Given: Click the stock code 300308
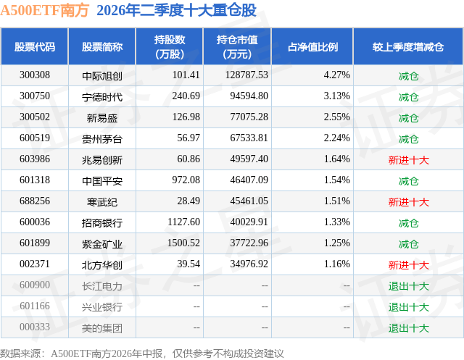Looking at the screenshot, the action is click(x=35, y=75).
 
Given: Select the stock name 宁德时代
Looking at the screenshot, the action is click(x=102, y=97).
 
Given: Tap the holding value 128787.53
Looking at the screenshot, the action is click(x=246, y=75).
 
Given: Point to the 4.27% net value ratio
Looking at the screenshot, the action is click(x=336, y=75).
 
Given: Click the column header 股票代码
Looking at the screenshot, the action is click(x=35, y=46).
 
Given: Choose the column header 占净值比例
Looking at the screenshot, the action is click(x=312, y=46).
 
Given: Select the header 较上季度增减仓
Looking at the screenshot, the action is click(x=408, y=46).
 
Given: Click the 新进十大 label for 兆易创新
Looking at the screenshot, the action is click(x=408, y=160).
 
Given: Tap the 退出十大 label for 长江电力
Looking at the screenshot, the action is click(x=408, y=286).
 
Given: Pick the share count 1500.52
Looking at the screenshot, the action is click(x=183, y=243).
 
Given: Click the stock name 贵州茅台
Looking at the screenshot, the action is click(x=102, y=139).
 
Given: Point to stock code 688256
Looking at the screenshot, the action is click(x=35, y=201).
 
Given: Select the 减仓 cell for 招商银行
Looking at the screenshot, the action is click(x=408, y=223).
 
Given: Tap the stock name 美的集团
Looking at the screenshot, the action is click(x=102, y=328).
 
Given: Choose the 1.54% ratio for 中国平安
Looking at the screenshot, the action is click(x=336, y=180).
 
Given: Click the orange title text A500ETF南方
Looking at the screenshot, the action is click(x=45, y=10).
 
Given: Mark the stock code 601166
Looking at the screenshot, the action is click(x=35, y=306).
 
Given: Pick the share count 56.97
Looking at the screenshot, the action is click(x=188, y=138).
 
